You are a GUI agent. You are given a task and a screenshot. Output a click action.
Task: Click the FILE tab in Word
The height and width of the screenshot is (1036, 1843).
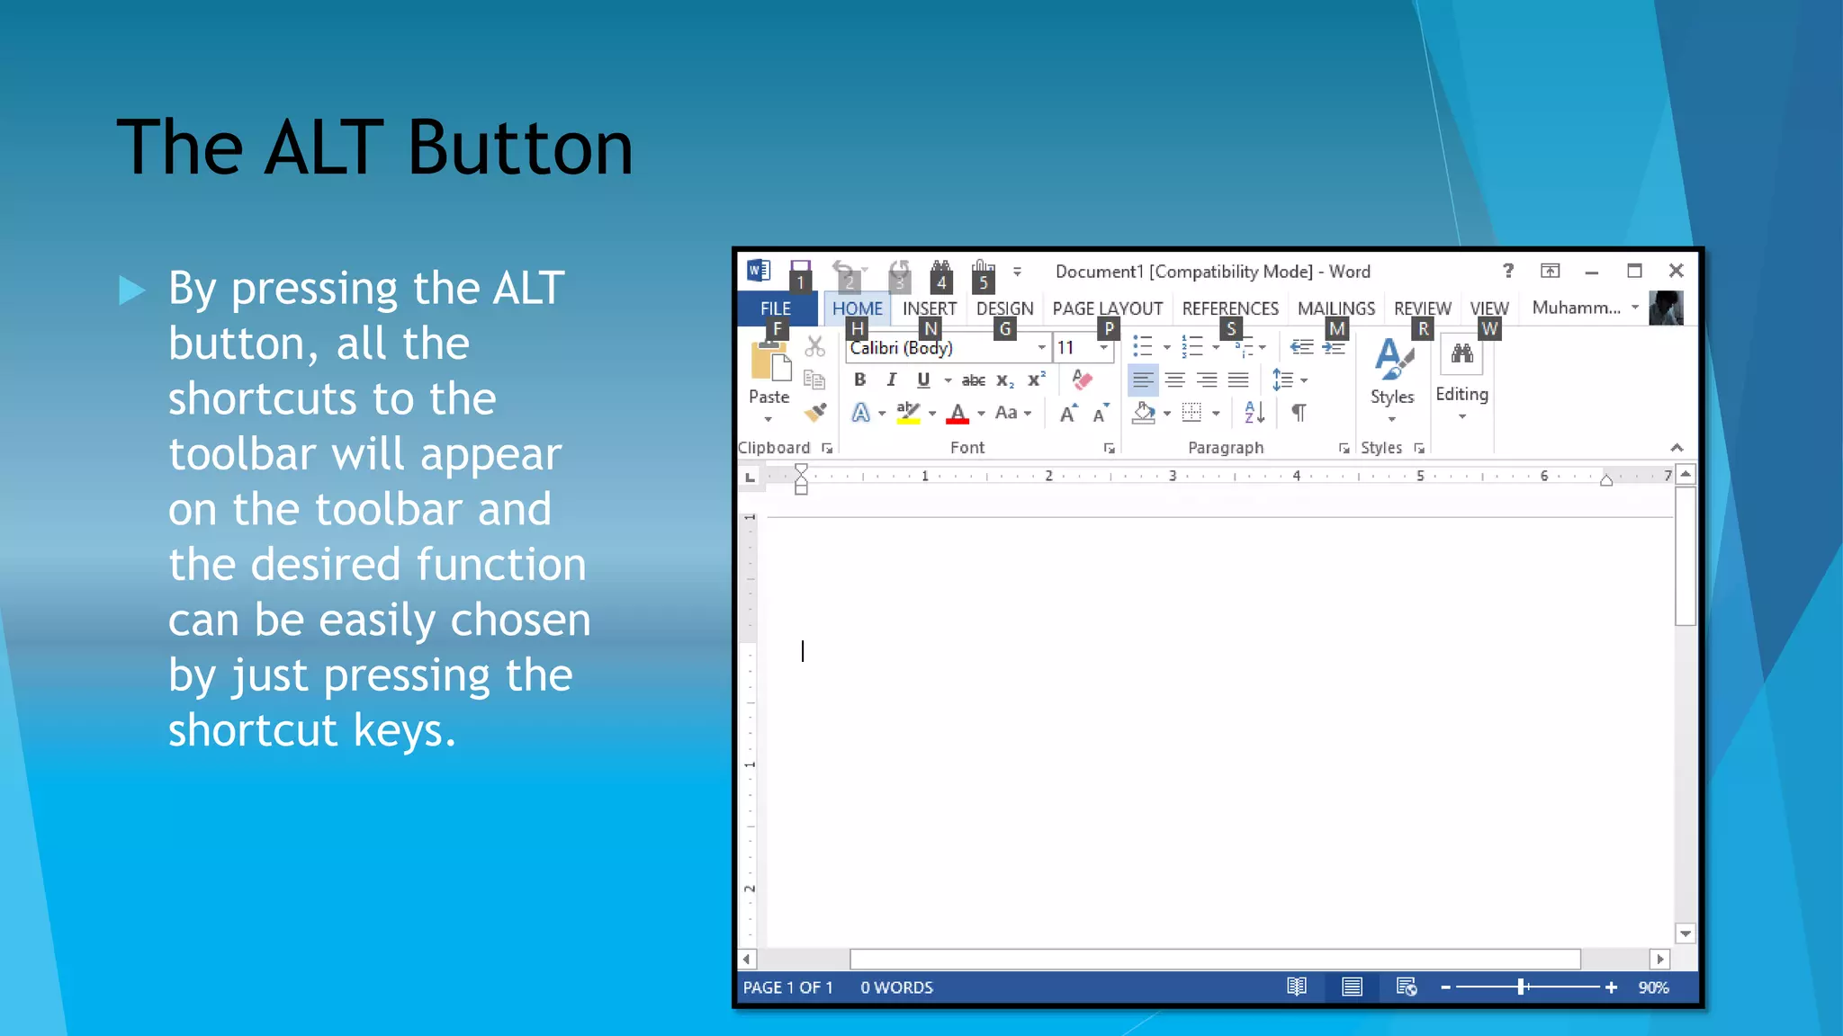pos(775,308)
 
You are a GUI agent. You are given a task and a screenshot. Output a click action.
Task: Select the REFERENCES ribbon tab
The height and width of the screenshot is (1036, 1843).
pos(1229,308)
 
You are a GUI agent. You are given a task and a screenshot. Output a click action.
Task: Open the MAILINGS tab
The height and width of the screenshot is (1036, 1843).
pos(1335,308)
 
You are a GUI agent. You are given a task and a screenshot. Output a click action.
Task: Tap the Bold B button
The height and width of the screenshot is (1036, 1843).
pos(859,380)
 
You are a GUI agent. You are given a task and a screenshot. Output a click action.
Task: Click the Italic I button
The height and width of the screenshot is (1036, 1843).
pos(891,380)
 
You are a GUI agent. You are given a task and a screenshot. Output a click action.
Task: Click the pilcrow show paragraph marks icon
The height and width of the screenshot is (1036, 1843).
pos(1299,413)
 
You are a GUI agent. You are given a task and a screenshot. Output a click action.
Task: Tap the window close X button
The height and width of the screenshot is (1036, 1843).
pos(1676,271)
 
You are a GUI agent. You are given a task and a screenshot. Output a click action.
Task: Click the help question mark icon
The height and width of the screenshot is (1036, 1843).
pos(1508,271)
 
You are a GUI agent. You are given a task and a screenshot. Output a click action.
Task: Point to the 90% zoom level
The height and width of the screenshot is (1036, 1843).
pos(1653,987)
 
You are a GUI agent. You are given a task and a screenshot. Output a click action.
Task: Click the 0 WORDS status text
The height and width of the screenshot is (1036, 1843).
pos(896,987)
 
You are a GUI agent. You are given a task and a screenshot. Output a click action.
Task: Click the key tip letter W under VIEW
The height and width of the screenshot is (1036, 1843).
pos(1489,329)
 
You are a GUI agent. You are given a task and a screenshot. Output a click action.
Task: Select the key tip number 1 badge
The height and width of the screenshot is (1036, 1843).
pos(800,282)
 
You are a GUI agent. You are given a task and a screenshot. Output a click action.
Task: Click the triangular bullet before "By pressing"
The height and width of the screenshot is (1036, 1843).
pos(131,290)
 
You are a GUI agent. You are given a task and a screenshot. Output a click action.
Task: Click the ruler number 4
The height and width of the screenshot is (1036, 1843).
pos(1296,476)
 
